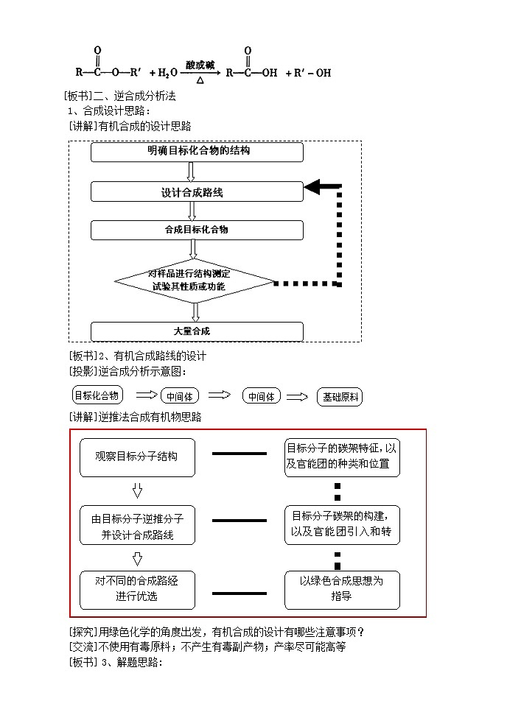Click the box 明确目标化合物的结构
click(197, 152)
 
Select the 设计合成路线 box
click(197, 192)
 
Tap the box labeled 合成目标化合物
click(197, 230)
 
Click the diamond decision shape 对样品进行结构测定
click(195, 281)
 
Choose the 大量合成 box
click(197, 331)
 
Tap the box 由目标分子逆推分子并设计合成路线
click(137, 526)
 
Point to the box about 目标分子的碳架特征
click(342, 457)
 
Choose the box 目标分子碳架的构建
click(342, 524)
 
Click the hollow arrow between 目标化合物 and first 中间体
click(148, 395)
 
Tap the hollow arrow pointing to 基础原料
click(296, 396)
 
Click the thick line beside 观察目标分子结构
click(239, 453)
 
